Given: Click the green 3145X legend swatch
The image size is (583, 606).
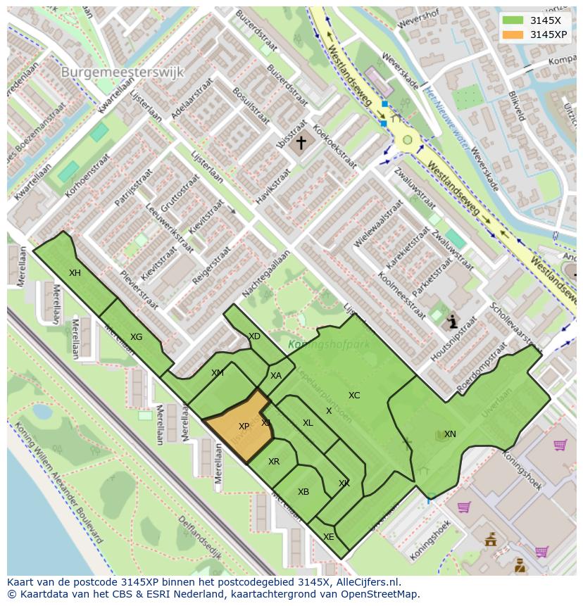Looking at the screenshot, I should tap(513, 20).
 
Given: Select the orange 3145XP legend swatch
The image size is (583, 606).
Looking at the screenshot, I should tap(513, 34).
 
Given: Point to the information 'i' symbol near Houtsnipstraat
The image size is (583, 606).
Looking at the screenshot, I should tap(452, 322).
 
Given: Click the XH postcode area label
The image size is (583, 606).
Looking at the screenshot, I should tap(75, 273).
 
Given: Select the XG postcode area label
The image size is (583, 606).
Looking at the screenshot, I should tap(136, 337).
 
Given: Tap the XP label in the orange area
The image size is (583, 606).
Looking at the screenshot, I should tap(244, 427).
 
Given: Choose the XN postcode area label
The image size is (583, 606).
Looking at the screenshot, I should tap(450, 434).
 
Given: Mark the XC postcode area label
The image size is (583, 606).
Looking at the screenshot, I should tap(354, 396).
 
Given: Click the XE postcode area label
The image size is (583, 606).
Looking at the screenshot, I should tap(328, 536).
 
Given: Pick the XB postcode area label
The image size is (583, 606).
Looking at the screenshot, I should tap(303, 492).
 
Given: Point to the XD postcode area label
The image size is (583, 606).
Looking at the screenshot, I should tap(255, 336).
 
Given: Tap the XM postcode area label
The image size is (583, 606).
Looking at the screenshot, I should tap(217, 373).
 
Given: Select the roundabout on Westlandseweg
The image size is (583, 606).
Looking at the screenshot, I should tap(407, 140).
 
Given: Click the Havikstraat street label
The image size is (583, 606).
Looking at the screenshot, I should tap(272, 187).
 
